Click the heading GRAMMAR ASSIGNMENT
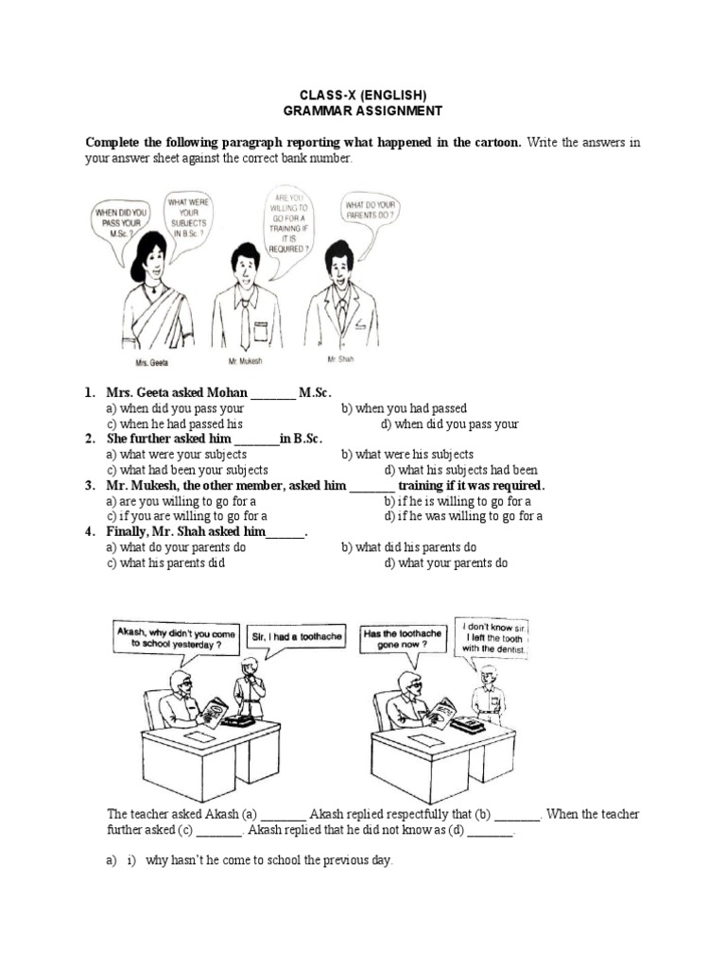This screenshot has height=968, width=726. click(x=363, y=111)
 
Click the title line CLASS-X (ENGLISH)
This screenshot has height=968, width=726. click(x=363, y=95)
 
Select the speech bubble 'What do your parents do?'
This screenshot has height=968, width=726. click(x=369, y=210)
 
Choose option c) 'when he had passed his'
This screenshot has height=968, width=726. click(x=175, y=424)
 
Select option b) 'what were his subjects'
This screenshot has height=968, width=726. click(x=407, y=455)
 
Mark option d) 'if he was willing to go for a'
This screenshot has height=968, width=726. click(x=463, y=516)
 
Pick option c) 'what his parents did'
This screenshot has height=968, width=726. click(x=165, y=562)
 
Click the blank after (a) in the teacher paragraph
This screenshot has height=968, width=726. click(x=283, y=815)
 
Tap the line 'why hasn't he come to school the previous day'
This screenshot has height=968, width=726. click(x=268, y=861)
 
